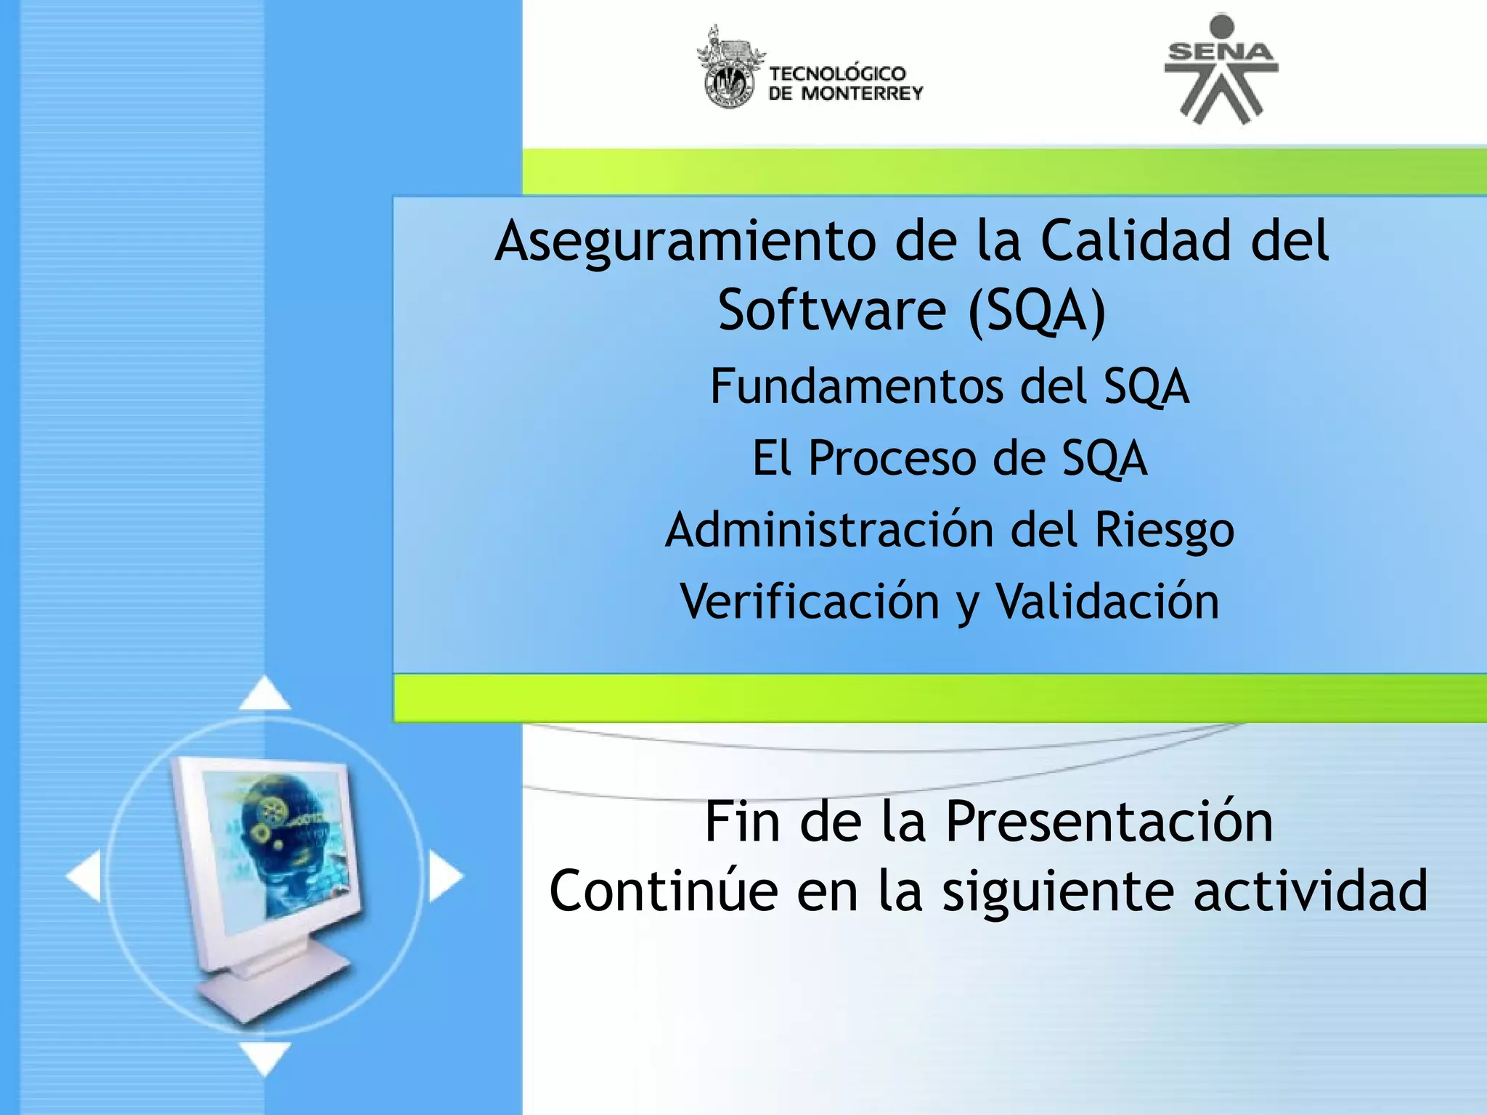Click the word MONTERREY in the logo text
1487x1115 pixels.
862,94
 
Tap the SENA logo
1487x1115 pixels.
1221,70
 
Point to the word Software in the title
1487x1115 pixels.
832,311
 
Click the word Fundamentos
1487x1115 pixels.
856,386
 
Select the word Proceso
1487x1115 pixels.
892,459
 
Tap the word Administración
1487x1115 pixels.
828,530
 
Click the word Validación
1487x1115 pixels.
1107,603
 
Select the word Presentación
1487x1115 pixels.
1109,822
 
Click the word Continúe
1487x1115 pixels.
663,891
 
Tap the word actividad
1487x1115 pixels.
1310,891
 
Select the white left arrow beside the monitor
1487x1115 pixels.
84,876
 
